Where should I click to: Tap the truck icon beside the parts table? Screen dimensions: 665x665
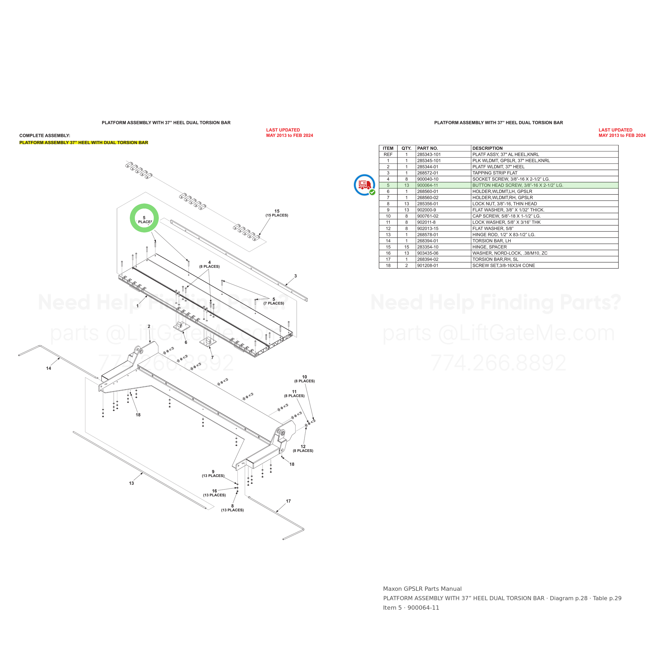point(364,185)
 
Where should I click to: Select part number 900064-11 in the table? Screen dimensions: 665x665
point(427,185)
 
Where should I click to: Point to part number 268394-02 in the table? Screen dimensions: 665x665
point(428,259)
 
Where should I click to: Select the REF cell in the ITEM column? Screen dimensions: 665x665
point(388,155)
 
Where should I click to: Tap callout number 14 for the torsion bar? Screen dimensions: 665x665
point(48,368)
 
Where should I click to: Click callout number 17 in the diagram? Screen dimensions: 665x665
point(288,501)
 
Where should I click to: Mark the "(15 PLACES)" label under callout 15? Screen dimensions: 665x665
point(277,215)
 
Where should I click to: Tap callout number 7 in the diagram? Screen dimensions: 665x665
point(212,357)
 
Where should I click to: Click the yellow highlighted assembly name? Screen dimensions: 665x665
point(84,143)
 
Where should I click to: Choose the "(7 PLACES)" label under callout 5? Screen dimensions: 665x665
point(274,303)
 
